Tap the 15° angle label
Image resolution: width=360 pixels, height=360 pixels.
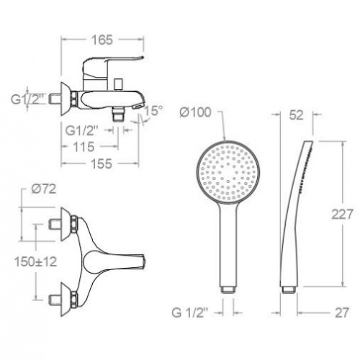153,112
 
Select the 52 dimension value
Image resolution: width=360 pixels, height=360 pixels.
296,113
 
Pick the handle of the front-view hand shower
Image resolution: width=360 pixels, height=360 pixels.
227,248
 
